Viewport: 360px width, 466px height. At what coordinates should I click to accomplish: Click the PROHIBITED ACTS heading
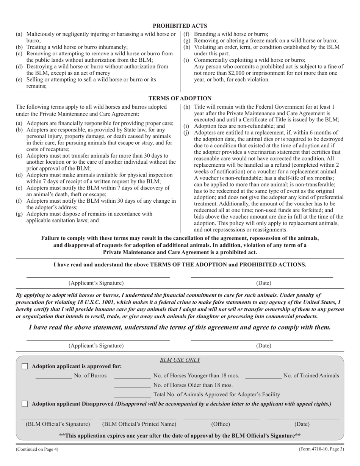coord(180,26)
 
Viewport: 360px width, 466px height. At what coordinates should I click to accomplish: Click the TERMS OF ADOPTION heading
coord(180,98)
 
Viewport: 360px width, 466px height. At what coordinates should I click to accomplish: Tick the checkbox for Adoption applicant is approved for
coord(25,366)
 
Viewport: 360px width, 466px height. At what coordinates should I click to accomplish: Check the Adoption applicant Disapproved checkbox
coord(25,404)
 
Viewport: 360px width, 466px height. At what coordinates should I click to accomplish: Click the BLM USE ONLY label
coord(180,360)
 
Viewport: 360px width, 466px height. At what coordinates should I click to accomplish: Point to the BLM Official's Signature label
coord(58,424)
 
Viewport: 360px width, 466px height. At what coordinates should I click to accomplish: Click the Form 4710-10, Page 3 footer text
coord(321,449)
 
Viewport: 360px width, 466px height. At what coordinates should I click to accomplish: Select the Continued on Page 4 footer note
coord(37,449)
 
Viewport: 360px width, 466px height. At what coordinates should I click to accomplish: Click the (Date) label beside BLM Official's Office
coord(302,424)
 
